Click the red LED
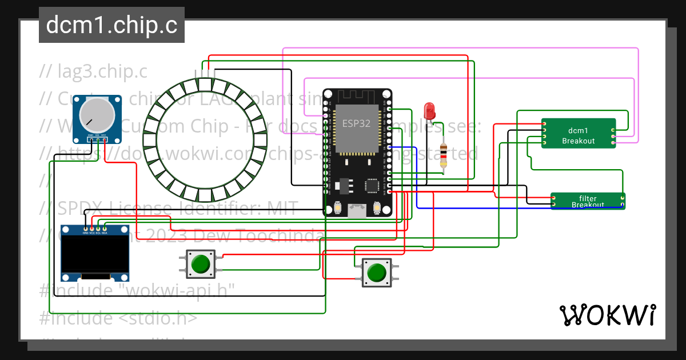coord(429,110)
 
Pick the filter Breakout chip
coord(587,201)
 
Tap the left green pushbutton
coord(200,264)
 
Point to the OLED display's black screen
coord(94,255)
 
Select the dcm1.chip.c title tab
coord(111,25)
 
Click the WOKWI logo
coord(607,315)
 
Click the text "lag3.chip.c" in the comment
coord(102,72)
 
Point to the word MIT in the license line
coord(279,209)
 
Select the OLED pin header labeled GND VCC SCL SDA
coord(95,230)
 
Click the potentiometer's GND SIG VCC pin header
coord(97,139)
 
